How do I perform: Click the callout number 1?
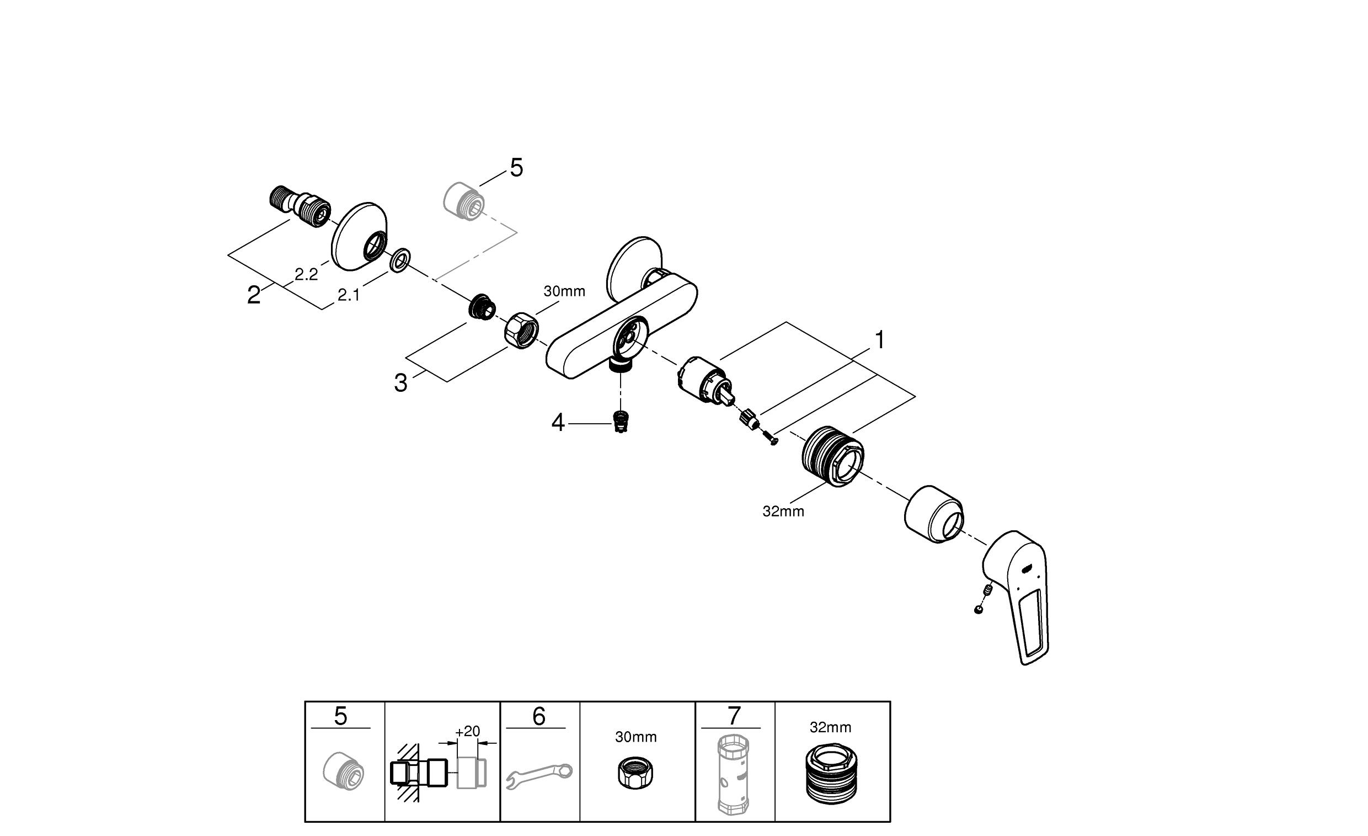(x=879, y=340)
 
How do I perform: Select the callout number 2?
(x=254, y=295)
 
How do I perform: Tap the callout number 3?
(x=400, y=383)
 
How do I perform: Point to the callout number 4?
(x=558, y=423)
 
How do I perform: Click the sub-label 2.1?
(x=348, y=296)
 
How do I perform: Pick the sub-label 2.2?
(x=306, y=274)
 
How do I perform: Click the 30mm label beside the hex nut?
(x=564, y=291)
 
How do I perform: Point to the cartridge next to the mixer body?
(x=704, y=383)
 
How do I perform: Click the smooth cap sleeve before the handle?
(x=934, y=514)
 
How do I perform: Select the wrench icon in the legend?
(x=539, y=775)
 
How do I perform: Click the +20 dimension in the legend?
(x=467, y=732)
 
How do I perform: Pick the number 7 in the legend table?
(x=734, y=717)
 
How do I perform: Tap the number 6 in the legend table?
(x=538, y=717)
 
